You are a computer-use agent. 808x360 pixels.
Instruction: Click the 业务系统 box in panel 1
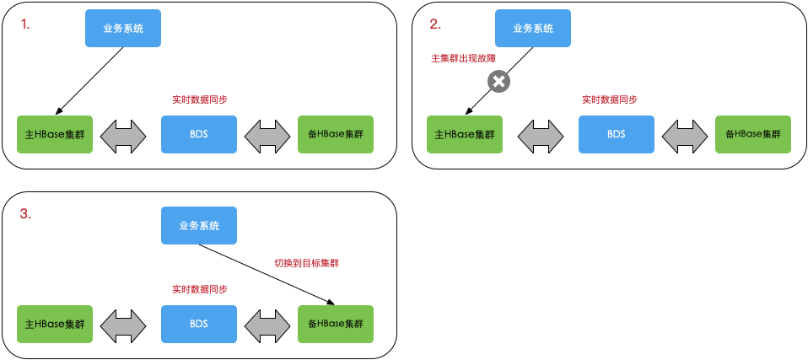pyautogui.click(x=122, y=28)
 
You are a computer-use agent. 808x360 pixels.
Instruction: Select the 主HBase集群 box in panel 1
pyautogui.click(x=55, y=134)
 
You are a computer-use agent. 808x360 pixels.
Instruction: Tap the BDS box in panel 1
pyautogui.click(x=198, y=134)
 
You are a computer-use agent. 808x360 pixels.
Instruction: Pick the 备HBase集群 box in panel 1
pyautogui.click(x=335, y=134)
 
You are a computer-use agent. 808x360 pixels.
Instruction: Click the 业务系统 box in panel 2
pyautogui.click(x=533, y=28)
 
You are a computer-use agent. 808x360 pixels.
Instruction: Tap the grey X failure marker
pyautogui.click(x=498, y=82)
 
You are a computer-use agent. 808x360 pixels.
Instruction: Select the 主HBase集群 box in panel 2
pyautogui.click(x=465, y=134)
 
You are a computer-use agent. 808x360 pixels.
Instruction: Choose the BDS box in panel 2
pyautogui.click(x=617, y=134)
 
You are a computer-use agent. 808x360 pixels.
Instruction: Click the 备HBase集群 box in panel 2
pyautogui.click(x=752, y=134)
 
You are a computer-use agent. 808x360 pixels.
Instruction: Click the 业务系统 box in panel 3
pyautogui.click(x=198, y=225)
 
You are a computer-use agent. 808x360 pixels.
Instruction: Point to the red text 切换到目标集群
pyautogui.click(x=306, y=263)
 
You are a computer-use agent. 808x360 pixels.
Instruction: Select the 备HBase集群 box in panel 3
pyautogui.click(x=335, y=324)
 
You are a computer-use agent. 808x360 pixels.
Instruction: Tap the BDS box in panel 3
pyautogui.click(x=198, y=324)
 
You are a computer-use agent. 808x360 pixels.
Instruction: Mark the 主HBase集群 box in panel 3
pyautogui.click(x=55, y=324)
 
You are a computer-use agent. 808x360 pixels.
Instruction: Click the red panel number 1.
pyautogui.click(x=25, y=24)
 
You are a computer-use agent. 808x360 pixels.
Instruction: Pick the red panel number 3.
pyautogui.click(x=25, y=214)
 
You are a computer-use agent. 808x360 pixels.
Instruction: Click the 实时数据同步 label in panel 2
pyautogui.click(x=609, y=99)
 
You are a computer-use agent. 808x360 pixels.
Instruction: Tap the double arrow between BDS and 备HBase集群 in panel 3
pyautogui.click(x=267, y=324)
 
